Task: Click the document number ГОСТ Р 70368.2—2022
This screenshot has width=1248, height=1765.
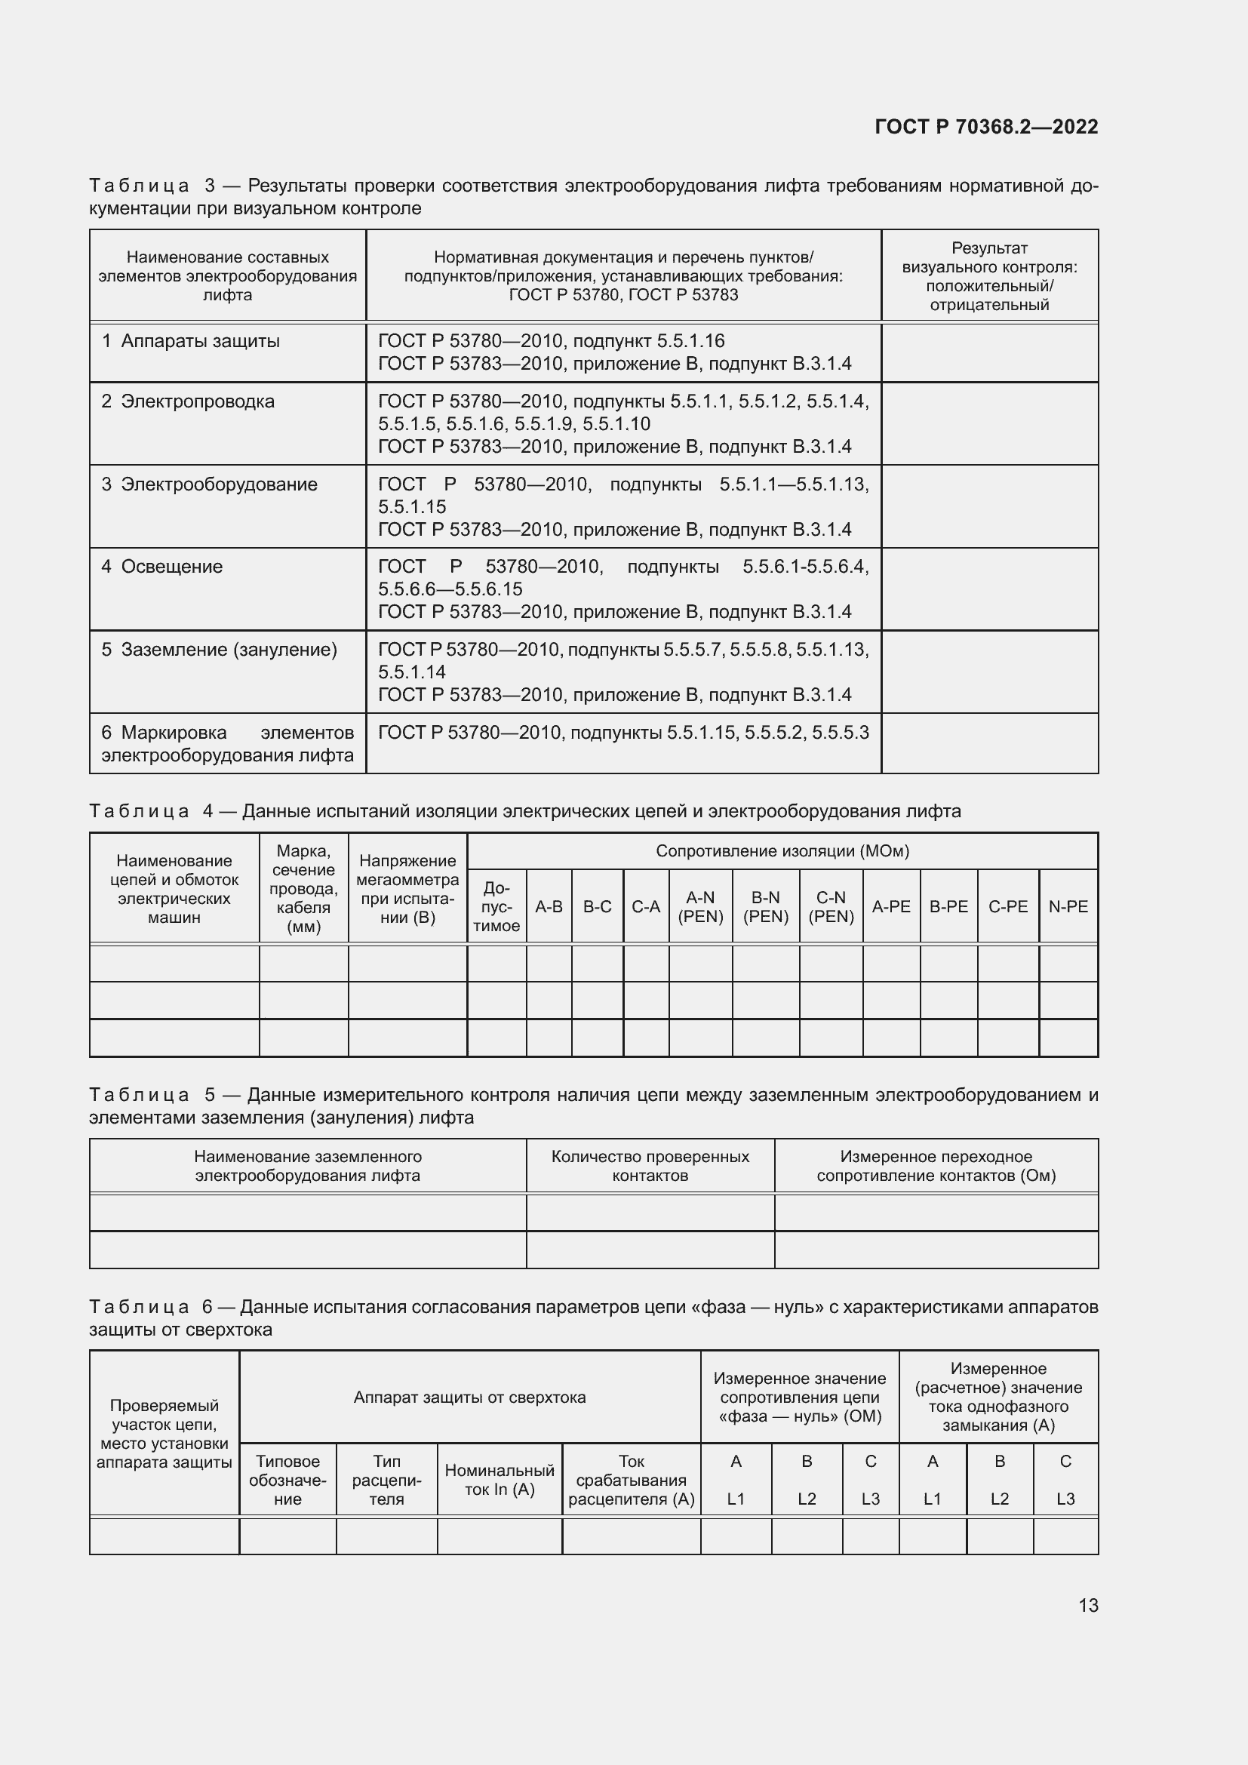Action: [x=986, y=127]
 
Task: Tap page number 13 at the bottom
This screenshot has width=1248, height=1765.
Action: [x=1088, y=1605]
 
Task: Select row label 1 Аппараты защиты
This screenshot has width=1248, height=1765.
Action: [x=192, y=341]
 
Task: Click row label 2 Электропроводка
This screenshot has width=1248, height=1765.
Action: [x=189, y=401]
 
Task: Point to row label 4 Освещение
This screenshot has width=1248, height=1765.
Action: [x=162, y=567]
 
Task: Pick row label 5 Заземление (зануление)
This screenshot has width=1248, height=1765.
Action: [x=219, y=650]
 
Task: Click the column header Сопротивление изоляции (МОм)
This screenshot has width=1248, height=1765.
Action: [x=782, y=851]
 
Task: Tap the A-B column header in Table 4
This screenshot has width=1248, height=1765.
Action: [x=549, y=907]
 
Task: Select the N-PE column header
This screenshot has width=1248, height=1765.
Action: [x=1068, y=907]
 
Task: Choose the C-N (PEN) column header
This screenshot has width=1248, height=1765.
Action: [x=831, y=907]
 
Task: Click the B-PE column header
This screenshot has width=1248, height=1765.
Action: [x=948, y=907]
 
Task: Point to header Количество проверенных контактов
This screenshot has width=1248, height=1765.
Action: [x=650, y=1166]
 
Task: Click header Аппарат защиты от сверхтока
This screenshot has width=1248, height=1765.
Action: [x=469, y=1398]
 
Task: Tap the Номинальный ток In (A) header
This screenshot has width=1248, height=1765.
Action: [x=500, y=1480]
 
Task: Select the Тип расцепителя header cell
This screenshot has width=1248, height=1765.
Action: [x=386, y=1480]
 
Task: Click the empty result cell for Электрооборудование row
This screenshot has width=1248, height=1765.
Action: [x=989, y=506]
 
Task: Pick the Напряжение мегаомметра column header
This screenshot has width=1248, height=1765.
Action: [x=407, y=889]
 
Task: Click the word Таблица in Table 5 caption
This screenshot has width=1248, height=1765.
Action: [x=139, y=1095]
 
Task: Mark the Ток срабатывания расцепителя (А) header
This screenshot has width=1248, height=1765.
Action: [x=631, y=1480]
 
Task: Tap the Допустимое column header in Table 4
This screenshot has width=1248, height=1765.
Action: [x=496, y=907]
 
